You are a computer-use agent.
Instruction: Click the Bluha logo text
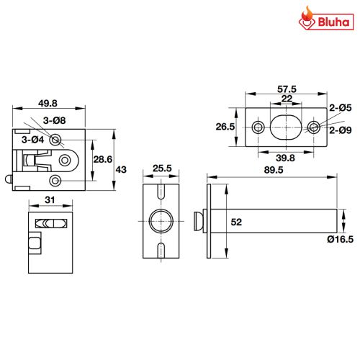tap(333, 22)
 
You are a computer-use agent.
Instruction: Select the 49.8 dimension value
tap(48, 103)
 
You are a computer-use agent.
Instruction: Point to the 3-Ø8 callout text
tap(54, 120)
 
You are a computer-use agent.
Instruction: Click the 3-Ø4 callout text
tap(33, 140)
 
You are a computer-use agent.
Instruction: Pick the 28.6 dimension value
tap(103, 159)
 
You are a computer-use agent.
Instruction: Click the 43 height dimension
tap(121, 170)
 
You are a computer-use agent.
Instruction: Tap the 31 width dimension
tap(50, 199)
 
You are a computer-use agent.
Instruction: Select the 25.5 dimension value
tap(162, 168)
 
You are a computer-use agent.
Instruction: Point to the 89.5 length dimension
tap(274, 170)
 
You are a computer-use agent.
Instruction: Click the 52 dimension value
tap(236, 222)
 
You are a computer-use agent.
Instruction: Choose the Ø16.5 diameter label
tap(341, 239)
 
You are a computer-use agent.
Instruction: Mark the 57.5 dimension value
tap(287, 89)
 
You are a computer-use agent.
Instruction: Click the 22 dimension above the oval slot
tap(287, 99)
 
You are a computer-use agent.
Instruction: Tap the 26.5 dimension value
tap(225, 127)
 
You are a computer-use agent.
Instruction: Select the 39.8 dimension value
tap(285, 158)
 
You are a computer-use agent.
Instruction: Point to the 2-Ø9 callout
tap(341, 130)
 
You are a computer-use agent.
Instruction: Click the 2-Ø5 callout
tap(341, 108)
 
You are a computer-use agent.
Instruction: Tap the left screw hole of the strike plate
tap(258, 127)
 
